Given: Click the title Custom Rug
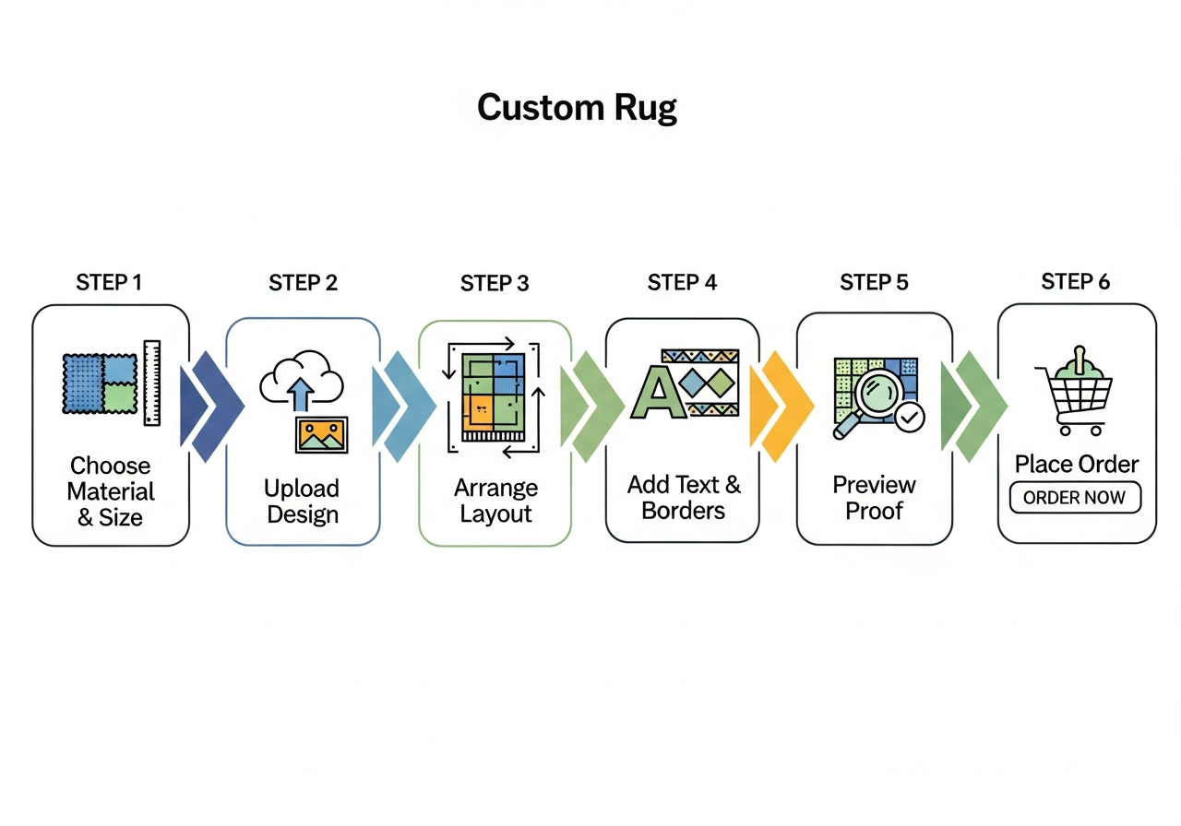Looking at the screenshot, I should point(577,108).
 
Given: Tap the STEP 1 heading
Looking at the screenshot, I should point(109,282).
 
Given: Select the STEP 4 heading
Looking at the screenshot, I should point(682,282).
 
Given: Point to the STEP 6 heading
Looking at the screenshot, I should point(1075,281).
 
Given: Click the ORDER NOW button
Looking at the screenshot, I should point(1075,498).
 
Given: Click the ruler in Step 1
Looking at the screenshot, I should point(151,383).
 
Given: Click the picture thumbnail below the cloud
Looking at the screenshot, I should point(321,434).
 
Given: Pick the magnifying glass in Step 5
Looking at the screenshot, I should point(867,397).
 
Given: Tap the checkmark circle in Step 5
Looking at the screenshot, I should point(910,418).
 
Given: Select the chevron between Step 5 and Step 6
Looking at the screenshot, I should point(973,406).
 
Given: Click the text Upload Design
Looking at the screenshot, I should point(302,501).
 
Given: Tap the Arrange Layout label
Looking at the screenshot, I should point(495,501).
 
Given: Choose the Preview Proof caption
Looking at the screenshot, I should point(874,498).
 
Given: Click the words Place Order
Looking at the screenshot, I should point(1076,464).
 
